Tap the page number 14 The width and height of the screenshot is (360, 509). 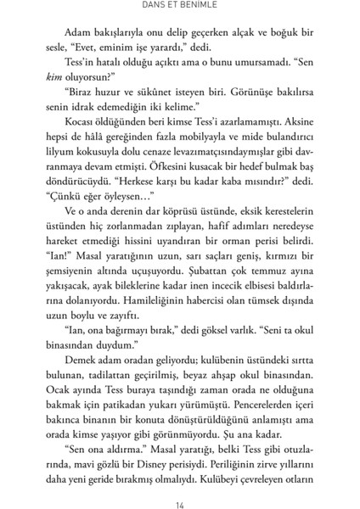[180, 493]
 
